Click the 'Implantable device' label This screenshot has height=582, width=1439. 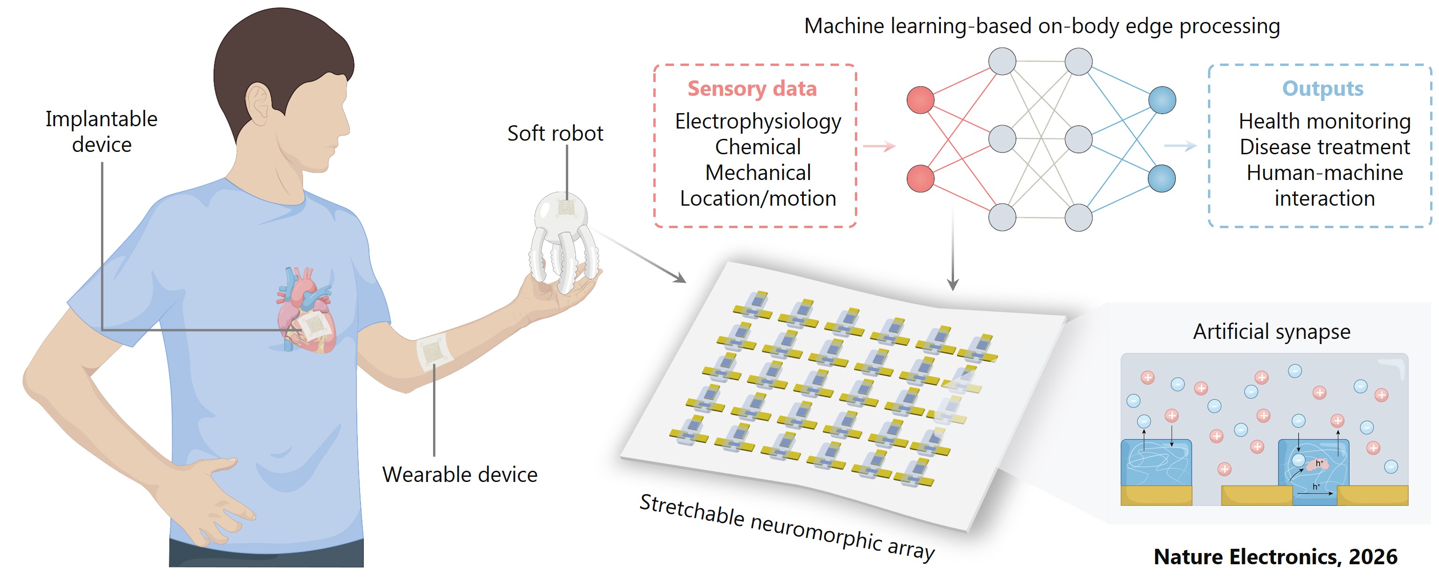point(101,132)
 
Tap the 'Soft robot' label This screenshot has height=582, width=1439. point(555,134)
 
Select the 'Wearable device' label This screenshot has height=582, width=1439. point(459,475)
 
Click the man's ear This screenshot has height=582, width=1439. point(259,106)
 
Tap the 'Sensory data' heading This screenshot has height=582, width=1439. point(752,89)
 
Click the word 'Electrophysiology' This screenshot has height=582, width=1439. point(758,121)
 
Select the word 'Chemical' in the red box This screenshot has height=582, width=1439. point(758,147)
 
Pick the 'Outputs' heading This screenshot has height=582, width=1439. point(1322,89)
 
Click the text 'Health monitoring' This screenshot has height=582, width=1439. point(1324,121)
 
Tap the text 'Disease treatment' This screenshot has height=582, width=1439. point(1324,147)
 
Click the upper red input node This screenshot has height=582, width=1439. point(920,100)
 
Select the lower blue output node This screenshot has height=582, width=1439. point(1162,178)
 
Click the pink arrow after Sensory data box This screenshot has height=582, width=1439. point(879,147)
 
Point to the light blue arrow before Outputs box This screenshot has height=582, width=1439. point(1180,146)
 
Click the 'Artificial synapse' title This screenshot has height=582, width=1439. point(1272,332)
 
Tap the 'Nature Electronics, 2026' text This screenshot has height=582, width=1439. point(1275,557)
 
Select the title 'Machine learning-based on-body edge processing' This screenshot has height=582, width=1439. point(1042,26)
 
